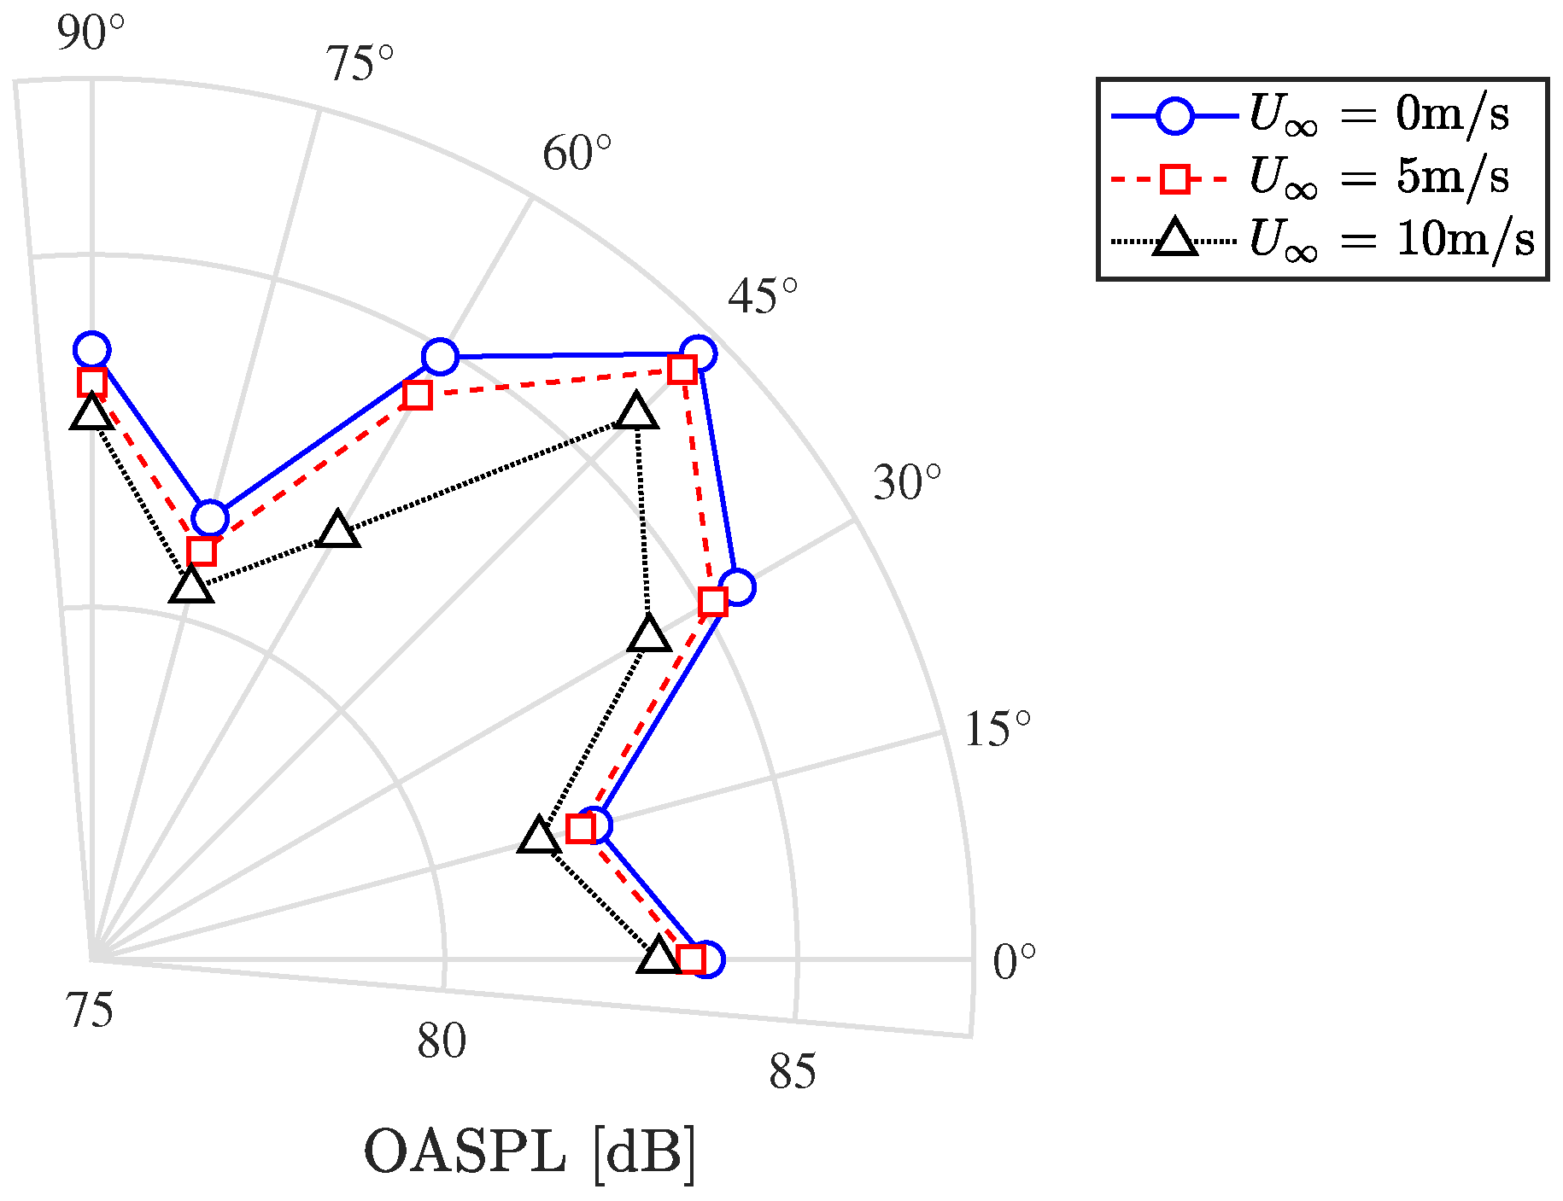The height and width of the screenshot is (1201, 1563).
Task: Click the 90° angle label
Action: coord(91,34)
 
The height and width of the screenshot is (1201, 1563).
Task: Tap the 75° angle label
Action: coord(360,65)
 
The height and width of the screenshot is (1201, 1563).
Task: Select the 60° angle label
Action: coord(577,154)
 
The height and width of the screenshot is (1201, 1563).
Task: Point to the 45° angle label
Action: coord(763,297)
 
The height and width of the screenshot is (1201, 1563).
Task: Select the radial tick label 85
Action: coord(792,1072)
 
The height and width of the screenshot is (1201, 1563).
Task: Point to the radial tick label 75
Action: coord(90,1012)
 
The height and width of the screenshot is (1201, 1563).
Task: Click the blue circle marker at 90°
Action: coord(92,350)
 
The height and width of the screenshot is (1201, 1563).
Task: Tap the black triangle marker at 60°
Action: coord(338,530)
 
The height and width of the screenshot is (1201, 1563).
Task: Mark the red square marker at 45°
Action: coord(682,370)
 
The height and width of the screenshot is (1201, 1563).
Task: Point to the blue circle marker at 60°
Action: coord(440,356)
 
